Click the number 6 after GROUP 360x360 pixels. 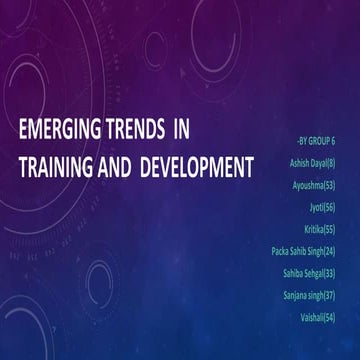(332, 143)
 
